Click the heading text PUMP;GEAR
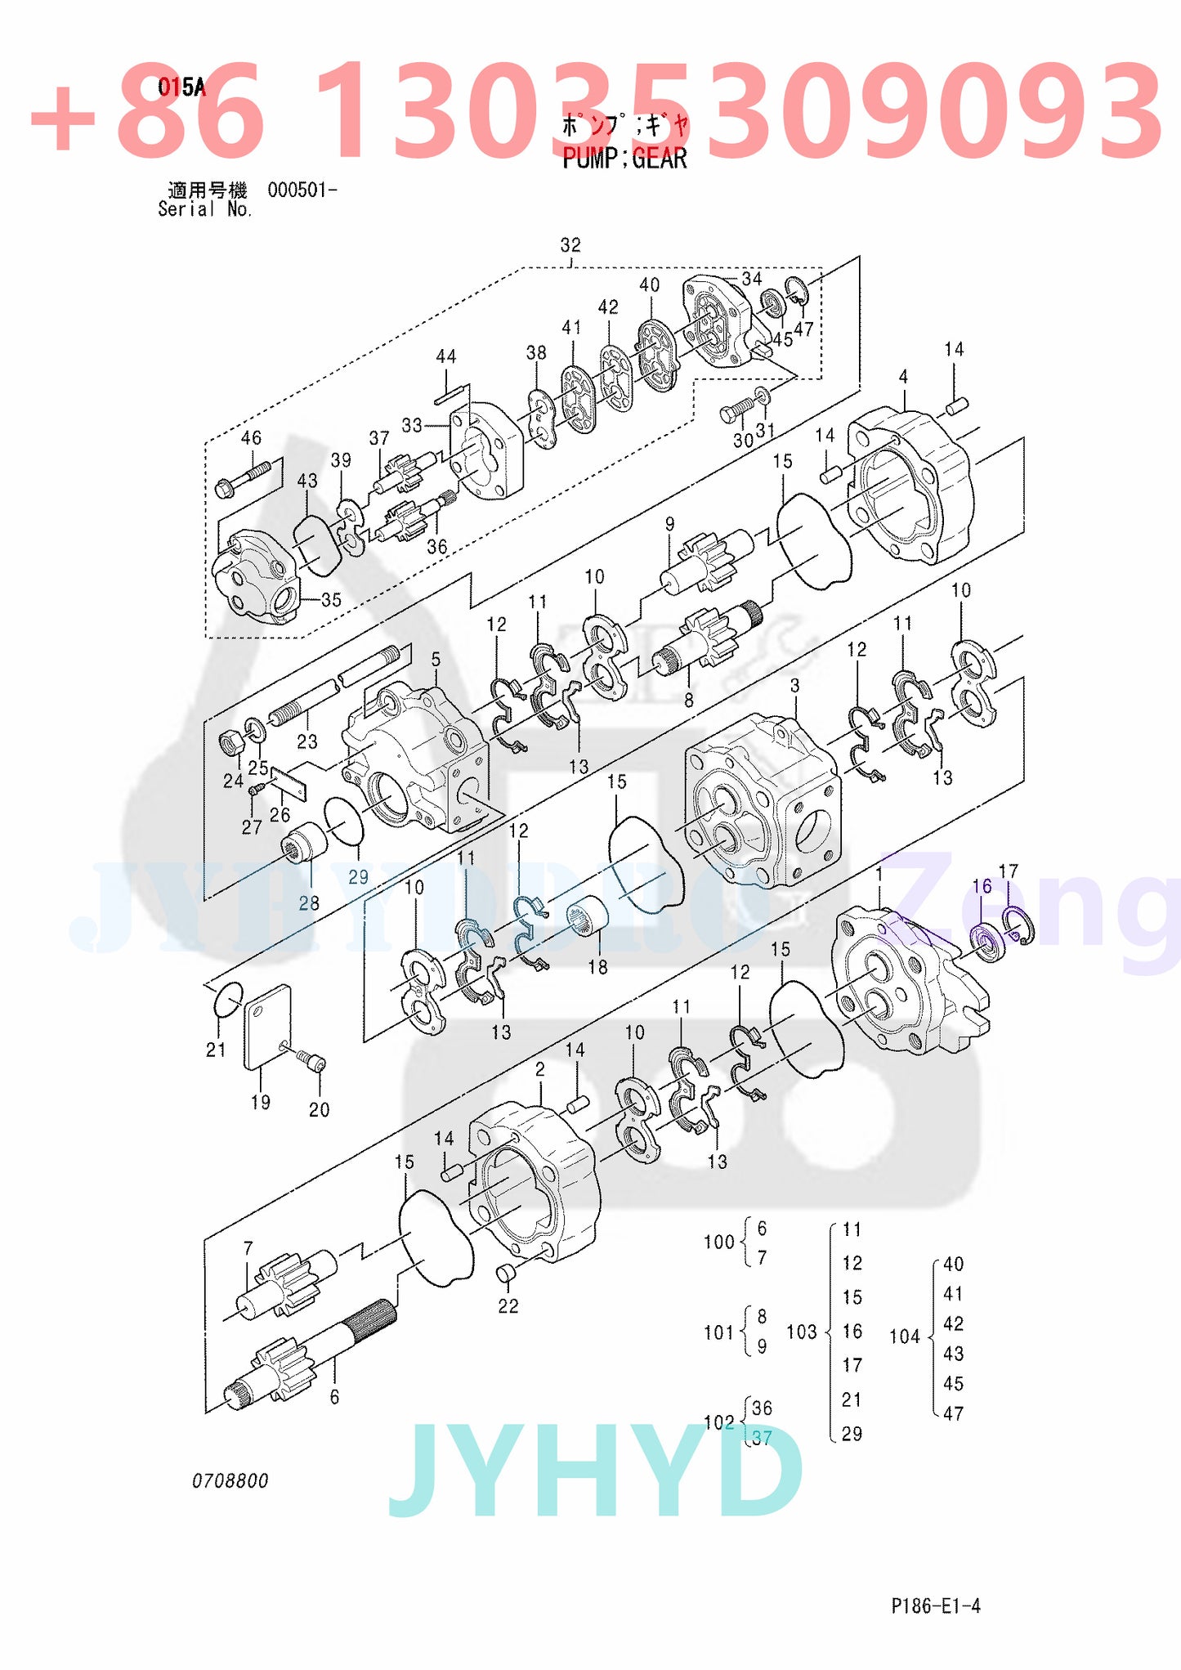click(x=624, y=158)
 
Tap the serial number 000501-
click(x=302, y=190)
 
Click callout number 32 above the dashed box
click(x=570, y=245)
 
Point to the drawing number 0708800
click(x=230, y=1480)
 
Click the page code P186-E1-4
click(x=935, y=1605)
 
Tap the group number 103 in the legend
click(x=801, y=1332)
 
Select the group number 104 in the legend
click(x=904, y=1336)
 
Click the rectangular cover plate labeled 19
click(x=267, y=1027)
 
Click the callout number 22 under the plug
click(x=508, y=1306)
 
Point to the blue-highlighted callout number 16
click(x=982, y=886)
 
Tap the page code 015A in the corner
click(x=181, y=87)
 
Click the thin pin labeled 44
click(x=450, y=396)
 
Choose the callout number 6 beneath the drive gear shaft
click(x=334, y=1398)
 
